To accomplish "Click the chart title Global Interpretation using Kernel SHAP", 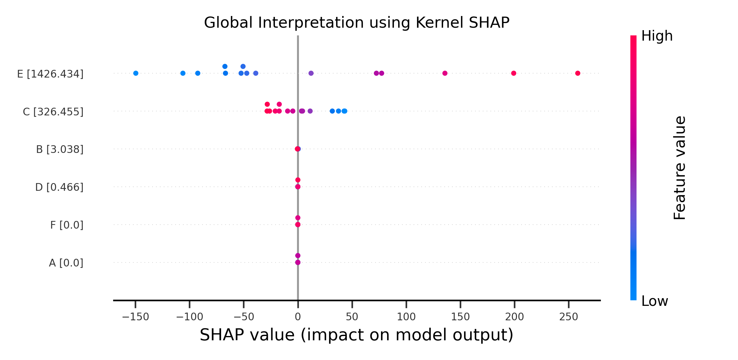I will [357, 23].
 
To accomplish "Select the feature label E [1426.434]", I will [50, 74].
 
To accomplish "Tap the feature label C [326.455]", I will [53, 112].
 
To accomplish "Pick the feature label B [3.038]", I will [60, 150].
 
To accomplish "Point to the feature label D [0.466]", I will [59, 187].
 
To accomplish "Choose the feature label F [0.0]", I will [67, 225].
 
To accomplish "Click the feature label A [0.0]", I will [66, 263].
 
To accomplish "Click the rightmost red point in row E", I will [577, 73].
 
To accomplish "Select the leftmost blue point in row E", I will [136, 73].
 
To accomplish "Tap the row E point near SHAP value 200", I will [514, 73].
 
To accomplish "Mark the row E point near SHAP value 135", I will [445, 73].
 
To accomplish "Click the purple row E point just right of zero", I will [311, 73].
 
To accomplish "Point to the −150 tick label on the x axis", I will [135, 317].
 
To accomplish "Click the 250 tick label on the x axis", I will [569, 317].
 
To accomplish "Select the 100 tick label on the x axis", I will [406, 317].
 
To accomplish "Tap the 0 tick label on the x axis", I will [298, 317].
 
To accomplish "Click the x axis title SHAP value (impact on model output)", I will [357, 335].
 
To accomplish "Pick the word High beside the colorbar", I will [657, 36].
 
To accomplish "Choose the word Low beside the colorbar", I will [655, 301].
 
